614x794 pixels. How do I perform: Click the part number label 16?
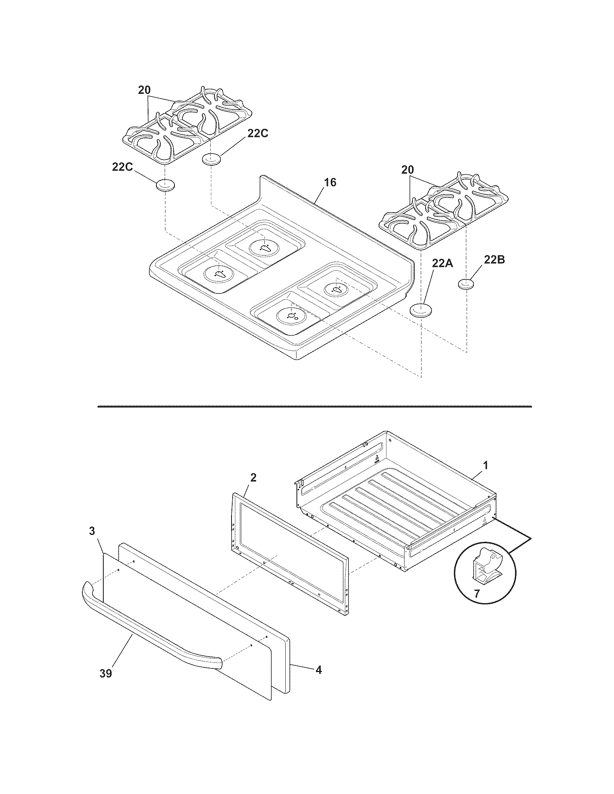coord(330,183)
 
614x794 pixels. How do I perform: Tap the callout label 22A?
coord(442,263)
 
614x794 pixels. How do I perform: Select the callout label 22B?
coord(494,260)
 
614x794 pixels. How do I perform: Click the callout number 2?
coord(254,477)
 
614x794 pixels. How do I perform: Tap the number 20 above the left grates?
coord(144,90)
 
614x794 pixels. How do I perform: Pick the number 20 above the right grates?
coord(407,170)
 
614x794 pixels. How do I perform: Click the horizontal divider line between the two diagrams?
coord(314,406)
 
